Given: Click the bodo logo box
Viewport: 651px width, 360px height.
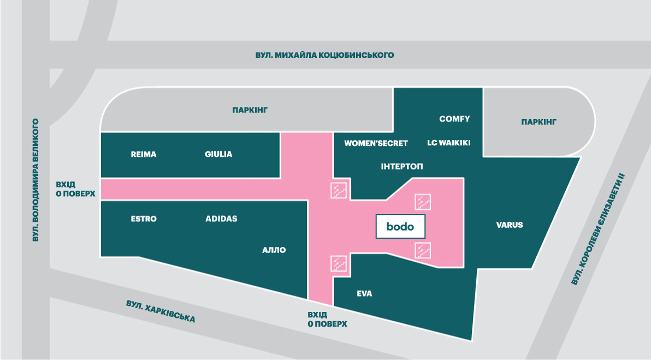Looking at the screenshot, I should coord(400,226).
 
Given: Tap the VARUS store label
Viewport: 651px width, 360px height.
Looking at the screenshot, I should coord(510,225).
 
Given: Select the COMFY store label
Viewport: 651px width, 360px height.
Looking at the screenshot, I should coord(454,119).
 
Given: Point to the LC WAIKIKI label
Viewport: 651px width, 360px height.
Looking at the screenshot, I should coord(448,143).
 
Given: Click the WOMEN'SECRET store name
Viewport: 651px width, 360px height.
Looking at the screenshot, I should coord(376,144).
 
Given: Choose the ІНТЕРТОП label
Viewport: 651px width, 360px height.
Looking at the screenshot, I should coord(402,166).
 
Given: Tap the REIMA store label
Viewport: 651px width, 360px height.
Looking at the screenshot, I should coord(144,154).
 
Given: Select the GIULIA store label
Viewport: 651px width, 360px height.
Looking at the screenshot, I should coord(218,154).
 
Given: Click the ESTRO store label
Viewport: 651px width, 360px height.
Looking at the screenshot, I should coord(144,219).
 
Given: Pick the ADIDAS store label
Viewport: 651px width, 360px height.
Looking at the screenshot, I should coord(221,219).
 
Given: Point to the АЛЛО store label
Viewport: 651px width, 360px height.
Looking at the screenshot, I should coord(274,250).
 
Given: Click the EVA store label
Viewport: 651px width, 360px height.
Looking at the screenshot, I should coord(364,293).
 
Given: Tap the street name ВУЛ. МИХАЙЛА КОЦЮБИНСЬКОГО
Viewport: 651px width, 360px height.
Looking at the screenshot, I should coord(324,55).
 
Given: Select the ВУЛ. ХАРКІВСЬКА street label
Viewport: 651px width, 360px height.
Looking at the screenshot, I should coord(160,310).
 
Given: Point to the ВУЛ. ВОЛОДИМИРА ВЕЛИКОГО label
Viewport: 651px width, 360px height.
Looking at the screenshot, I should coord(36,180).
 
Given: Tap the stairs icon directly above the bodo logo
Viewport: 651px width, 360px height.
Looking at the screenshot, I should coord(423,202).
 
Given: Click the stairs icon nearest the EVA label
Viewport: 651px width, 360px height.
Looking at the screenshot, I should coord(339,263).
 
